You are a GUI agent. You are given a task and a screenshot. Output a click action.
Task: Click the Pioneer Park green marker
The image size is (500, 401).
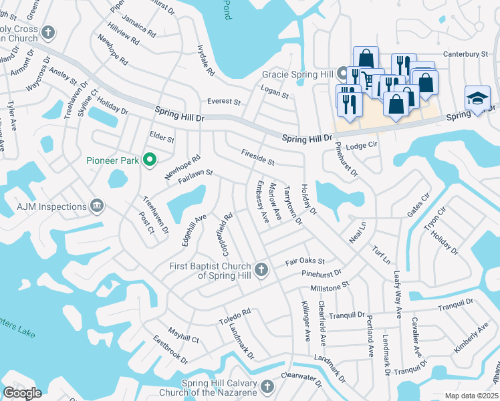[150, 159]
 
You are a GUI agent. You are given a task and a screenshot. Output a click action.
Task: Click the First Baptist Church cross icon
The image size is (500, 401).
[261, 270]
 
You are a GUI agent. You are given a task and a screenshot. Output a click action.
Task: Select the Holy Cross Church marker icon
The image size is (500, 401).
[47, 32]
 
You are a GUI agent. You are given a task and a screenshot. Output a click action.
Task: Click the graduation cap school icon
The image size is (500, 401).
[477, 99]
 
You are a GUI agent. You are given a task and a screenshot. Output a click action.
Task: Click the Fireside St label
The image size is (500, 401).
[258, 158]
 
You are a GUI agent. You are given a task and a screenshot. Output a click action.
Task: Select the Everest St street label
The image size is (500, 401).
[223, 102]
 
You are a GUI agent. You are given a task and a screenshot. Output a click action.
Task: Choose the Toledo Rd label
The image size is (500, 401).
[234, 316]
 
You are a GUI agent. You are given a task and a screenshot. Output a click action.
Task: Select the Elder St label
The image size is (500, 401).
[162, 138]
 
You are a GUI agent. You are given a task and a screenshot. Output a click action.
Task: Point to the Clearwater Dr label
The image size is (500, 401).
[301, 380]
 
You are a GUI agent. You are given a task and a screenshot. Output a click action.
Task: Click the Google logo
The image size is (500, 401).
[22, 393]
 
